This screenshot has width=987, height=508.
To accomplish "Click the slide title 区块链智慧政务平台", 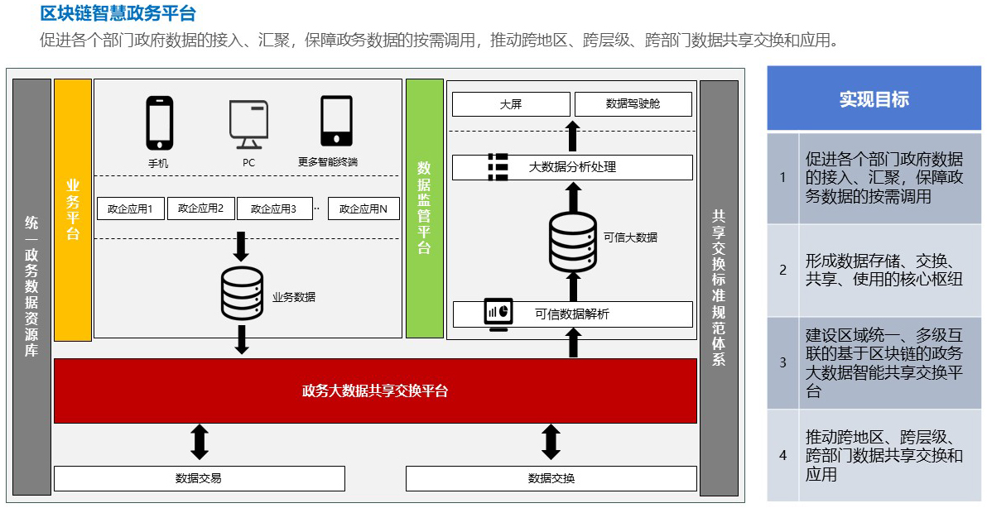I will pos(118,14).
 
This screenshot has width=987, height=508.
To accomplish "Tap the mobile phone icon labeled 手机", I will pos(159,122).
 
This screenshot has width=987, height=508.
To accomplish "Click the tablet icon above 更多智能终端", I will pos(335,122).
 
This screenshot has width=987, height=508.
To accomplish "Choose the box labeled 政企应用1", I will pos(131,208).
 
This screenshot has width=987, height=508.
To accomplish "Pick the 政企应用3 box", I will pos(273,208).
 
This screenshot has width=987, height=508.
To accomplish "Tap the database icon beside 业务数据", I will pos(242,295).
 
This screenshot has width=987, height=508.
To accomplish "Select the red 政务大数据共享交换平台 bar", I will pos(375,391).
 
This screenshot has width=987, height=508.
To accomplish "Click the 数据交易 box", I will pos(199,478).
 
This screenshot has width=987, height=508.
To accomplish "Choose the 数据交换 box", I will pos(551,478).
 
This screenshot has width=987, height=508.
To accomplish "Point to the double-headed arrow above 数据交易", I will pos(199,442).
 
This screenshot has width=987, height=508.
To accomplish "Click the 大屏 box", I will pos(511,104).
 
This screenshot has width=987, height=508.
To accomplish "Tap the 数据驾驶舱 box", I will pos(633,104).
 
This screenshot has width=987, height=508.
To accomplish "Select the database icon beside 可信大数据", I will pos(572,241).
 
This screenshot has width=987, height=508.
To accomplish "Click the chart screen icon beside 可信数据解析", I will pos(498,314).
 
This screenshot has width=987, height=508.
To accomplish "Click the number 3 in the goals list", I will pos(782,362).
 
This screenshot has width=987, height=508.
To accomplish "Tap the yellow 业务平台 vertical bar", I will pos(73,210).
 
